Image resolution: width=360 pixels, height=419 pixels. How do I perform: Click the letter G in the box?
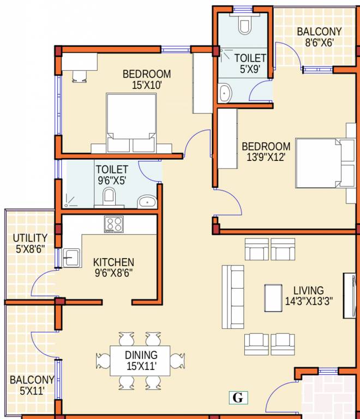tap(237, 398)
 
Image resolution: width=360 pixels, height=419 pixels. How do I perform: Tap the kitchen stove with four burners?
tap(114, 224)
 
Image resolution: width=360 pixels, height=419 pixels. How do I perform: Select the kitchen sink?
tap(71, 256)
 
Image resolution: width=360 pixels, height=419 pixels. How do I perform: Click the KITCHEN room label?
tap(113, 262)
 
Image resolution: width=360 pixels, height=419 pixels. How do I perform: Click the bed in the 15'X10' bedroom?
tap(131, 123)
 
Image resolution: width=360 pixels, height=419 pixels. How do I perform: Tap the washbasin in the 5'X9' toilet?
tap(225, 93)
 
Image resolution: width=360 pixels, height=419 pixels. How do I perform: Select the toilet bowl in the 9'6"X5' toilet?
tap(109, 197)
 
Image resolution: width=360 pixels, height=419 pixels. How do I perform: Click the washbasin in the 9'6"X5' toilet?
tap(147, 202)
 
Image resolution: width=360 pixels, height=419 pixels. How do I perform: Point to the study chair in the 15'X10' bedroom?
tap(79, 76)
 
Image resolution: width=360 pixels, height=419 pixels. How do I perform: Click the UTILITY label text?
tap(30, 238)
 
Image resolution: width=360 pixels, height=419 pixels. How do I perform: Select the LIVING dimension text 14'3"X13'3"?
tap(309, 301)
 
